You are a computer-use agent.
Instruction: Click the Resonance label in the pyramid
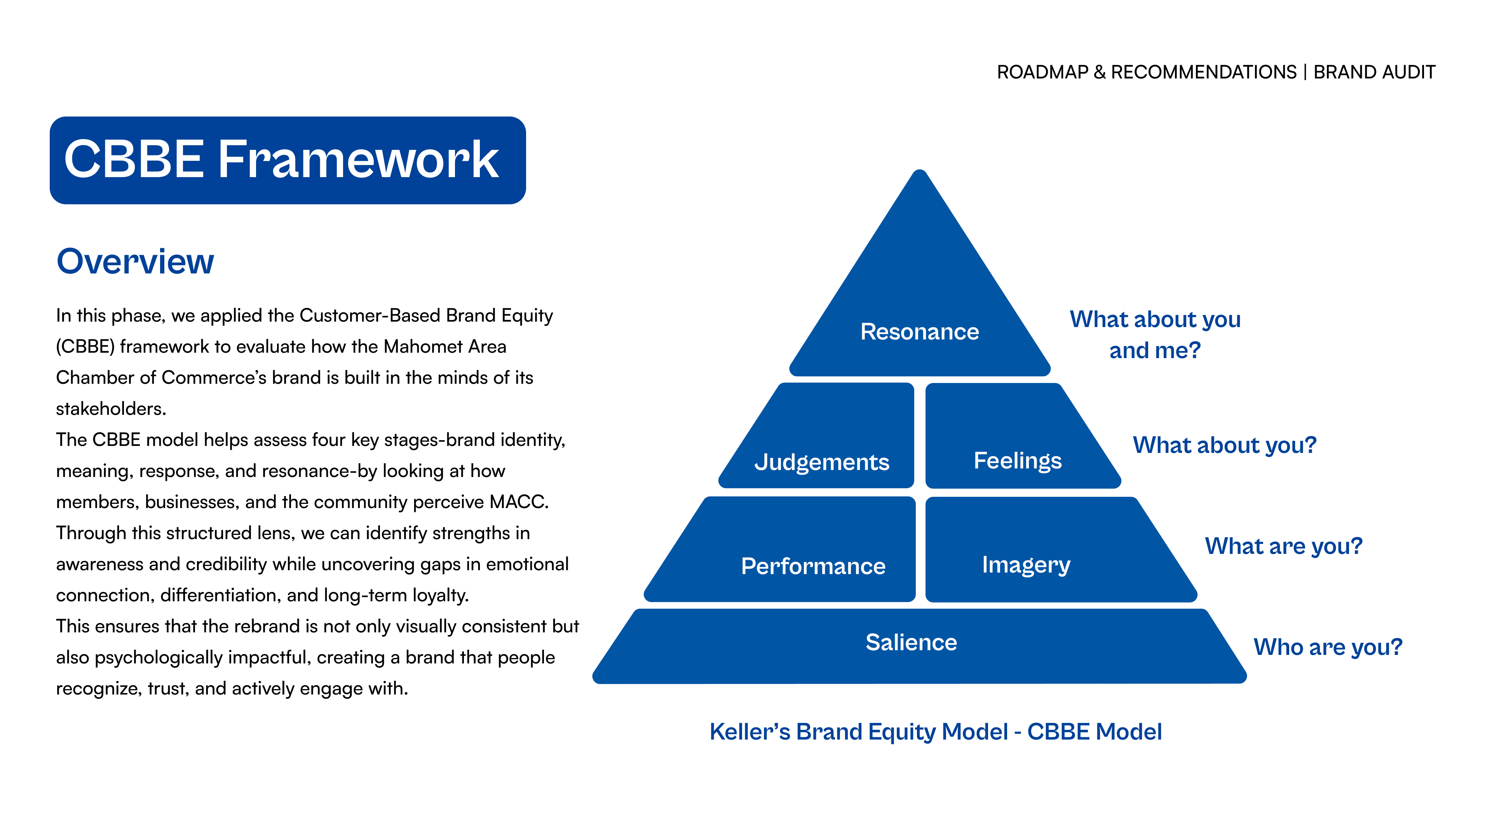[919, 332]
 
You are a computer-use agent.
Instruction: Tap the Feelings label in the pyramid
[1018, 461]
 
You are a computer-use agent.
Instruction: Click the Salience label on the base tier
[911, 642]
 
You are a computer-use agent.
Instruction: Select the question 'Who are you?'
[1328, 647]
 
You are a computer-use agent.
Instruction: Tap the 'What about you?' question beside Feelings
[1224, 445]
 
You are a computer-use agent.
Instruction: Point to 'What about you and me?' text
[1155, 335]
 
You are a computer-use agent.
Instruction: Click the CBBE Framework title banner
[288, 160]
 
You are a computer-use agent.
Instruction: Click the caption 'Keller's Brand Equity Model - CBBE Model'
[935, 732]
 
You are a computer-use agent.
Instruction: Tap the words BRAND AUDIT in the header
[1374, 72]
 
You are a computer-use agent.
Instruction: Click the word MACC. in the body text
[519, 502]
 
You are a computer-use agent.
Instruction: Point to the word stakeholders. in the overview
[111, 409]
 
